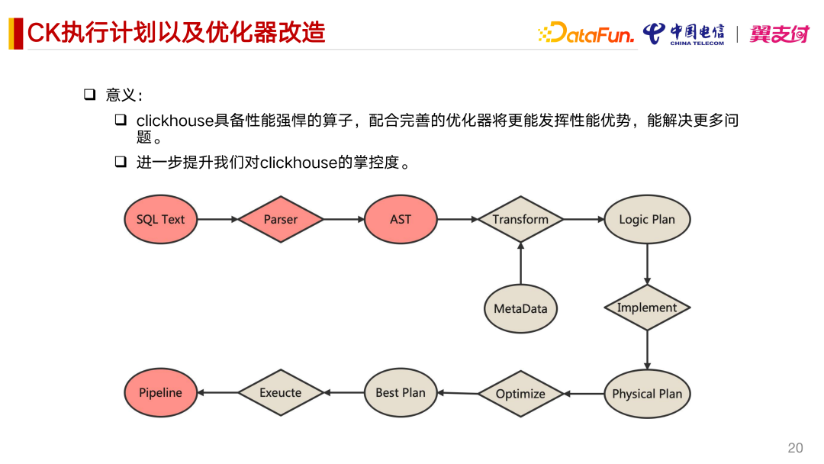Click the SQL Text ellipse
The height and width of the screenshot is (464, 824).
(x=161, y=219)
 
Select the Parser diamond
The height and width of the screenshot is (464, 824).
(x=281, y=219)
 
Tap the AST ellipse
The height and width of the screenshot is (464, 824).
(x=401, y=219)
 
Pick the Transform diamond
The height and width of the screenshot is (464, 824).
(x=520, y=219)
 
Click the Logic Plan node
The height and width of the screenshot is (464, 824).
(x=647, y=219)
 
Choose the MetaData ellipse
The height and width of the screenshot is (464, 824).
(x=520, y=308)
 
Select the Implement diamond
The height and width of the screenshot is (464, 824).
(x=647, y=308)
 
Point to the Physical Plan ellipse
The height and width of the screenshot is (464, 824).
(x=647, y=394)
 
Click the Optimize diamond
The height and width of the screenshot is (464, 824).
(x=520, y=394)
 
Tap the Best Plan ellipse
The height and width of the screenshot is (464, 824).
(x=401, y=392)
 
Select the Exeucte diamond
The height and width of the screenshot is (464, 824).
(x=281, y=393)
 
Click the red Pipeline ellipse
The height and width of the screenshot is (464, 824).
(x=161, y=392)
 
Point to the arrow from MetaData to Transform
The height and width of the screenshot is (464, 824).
(x=520, y=263)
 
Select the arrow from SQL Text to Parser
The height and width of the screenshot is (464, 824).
(x=217, y=219)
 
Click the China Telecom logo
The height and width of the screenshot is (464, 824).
(x=684, y=34)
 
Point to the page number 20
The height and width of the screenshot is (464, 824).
(x=795, y=448)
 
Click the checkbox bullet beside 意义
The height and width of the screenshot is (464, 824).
(x=89, y=95)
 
